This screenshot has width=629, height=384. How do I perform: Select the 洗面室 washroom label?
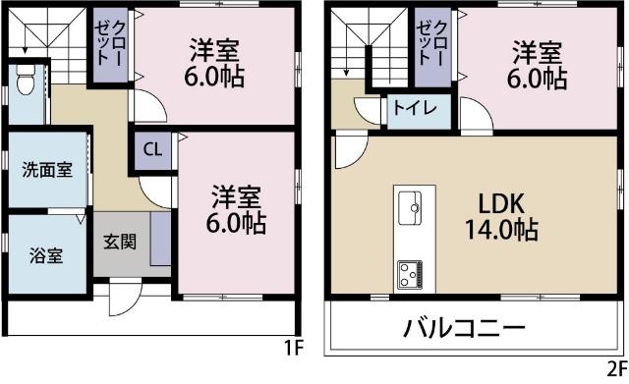click(46, 169)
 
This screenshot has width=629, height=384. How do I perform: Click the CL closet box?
click(151, 150)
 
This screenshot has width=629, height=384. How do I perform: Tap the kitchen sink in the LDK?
click(410, 207)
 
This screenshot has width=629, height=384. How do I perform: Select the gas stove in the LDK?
click(410, 273)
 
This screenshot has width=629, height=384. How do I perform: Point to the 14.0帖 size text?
click(501, 233)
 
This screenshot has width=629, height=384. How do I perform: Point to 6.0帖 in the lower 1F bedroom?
click(236, 223)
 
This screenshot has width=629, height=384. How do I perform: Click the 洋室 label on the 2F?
click(535, 49)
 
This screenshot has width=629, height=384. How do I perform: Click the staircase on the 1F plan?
click(44, 39)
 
